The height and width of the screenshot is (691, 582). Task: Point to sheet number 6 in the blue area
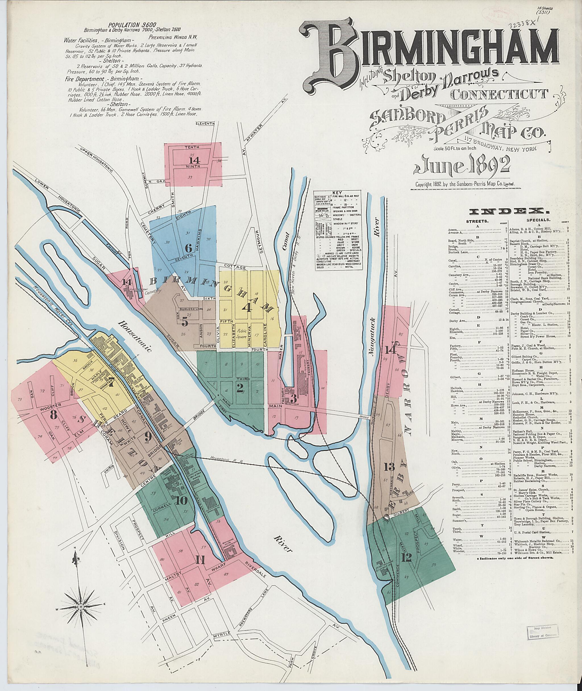point(188,248)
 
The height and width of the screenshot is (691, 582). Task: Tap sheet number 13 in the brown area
point(389,467)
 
